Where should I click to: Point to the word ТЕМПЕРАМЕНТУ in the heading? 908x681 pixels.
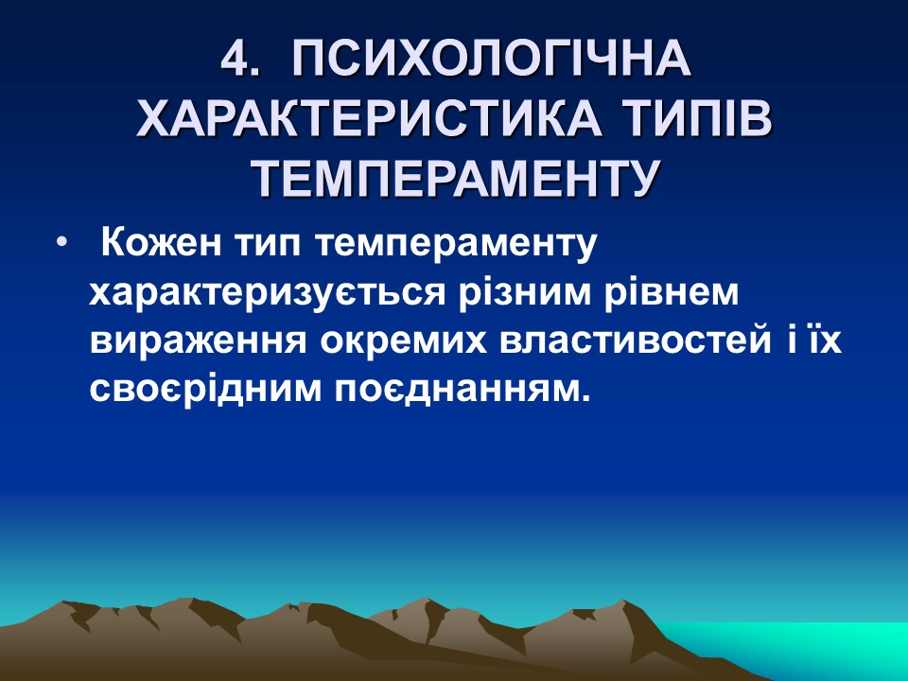tap(454, 178)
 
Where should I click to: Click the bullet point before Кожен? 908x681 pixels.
tap(62, 244)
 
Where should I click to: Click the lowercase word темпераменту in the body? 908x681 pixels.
tap(451, 246)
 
